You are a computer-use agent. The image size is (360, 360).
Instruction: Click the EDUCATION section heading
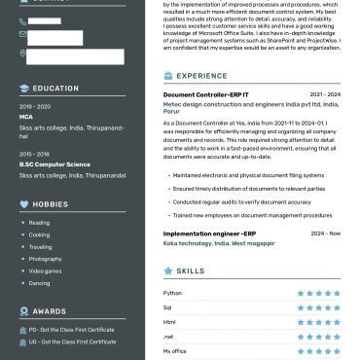tap(55, 89)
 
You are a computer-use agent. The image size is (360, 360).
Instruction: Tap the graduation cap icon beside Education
tap(24, 89)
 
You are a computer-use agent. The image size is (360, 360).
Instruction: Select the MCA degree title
tap(25, 116)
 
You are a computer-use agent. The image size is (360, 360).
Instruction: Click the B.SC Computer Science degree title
tap(54, 164)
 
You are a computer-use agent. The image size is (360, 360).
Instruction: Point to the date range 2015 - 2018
tap(34, 154)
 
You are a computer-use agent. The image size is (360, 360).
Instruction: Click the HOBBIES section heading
tap(51, 204)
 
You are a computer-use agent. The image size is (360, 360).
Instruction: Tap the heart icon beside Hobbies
tap(24, 204)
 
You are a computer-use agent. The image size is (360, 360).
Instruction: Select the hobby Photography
tap(45, 259)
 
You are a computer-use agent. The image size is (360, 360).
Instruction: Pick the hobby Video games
tap(45, 270)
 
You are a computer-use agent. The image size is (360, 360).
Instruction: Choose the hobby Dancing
tap(39, 283)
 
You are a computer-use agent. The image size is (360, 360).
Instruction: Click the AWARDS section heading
tap(50, 311)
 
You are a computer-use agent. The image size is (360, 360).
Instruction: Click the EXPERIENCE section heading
tap(202, 75)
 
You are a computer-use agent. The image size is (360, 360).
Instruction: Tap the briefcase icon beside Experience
tap(168, 75)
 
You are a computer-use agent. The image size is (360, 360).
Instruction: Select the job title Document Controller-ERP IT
tap(206, 94)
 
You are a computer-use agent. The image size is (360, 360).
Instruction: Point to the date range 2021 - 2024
tap(325, 94)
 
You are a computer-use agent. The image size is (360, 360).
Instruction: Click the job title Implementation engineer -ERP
tap(209, 234)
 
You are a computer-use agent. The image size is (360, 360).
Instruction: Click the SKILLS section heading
tap(191, 271)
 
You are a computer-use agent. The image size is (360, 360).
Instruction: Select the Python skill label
tap(172, 292)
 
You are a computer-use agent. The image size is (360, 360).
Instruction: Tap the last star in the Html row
tap(337, 321)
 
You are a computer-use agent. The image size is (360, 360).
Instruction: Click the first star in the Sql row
tap(301, 306)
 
